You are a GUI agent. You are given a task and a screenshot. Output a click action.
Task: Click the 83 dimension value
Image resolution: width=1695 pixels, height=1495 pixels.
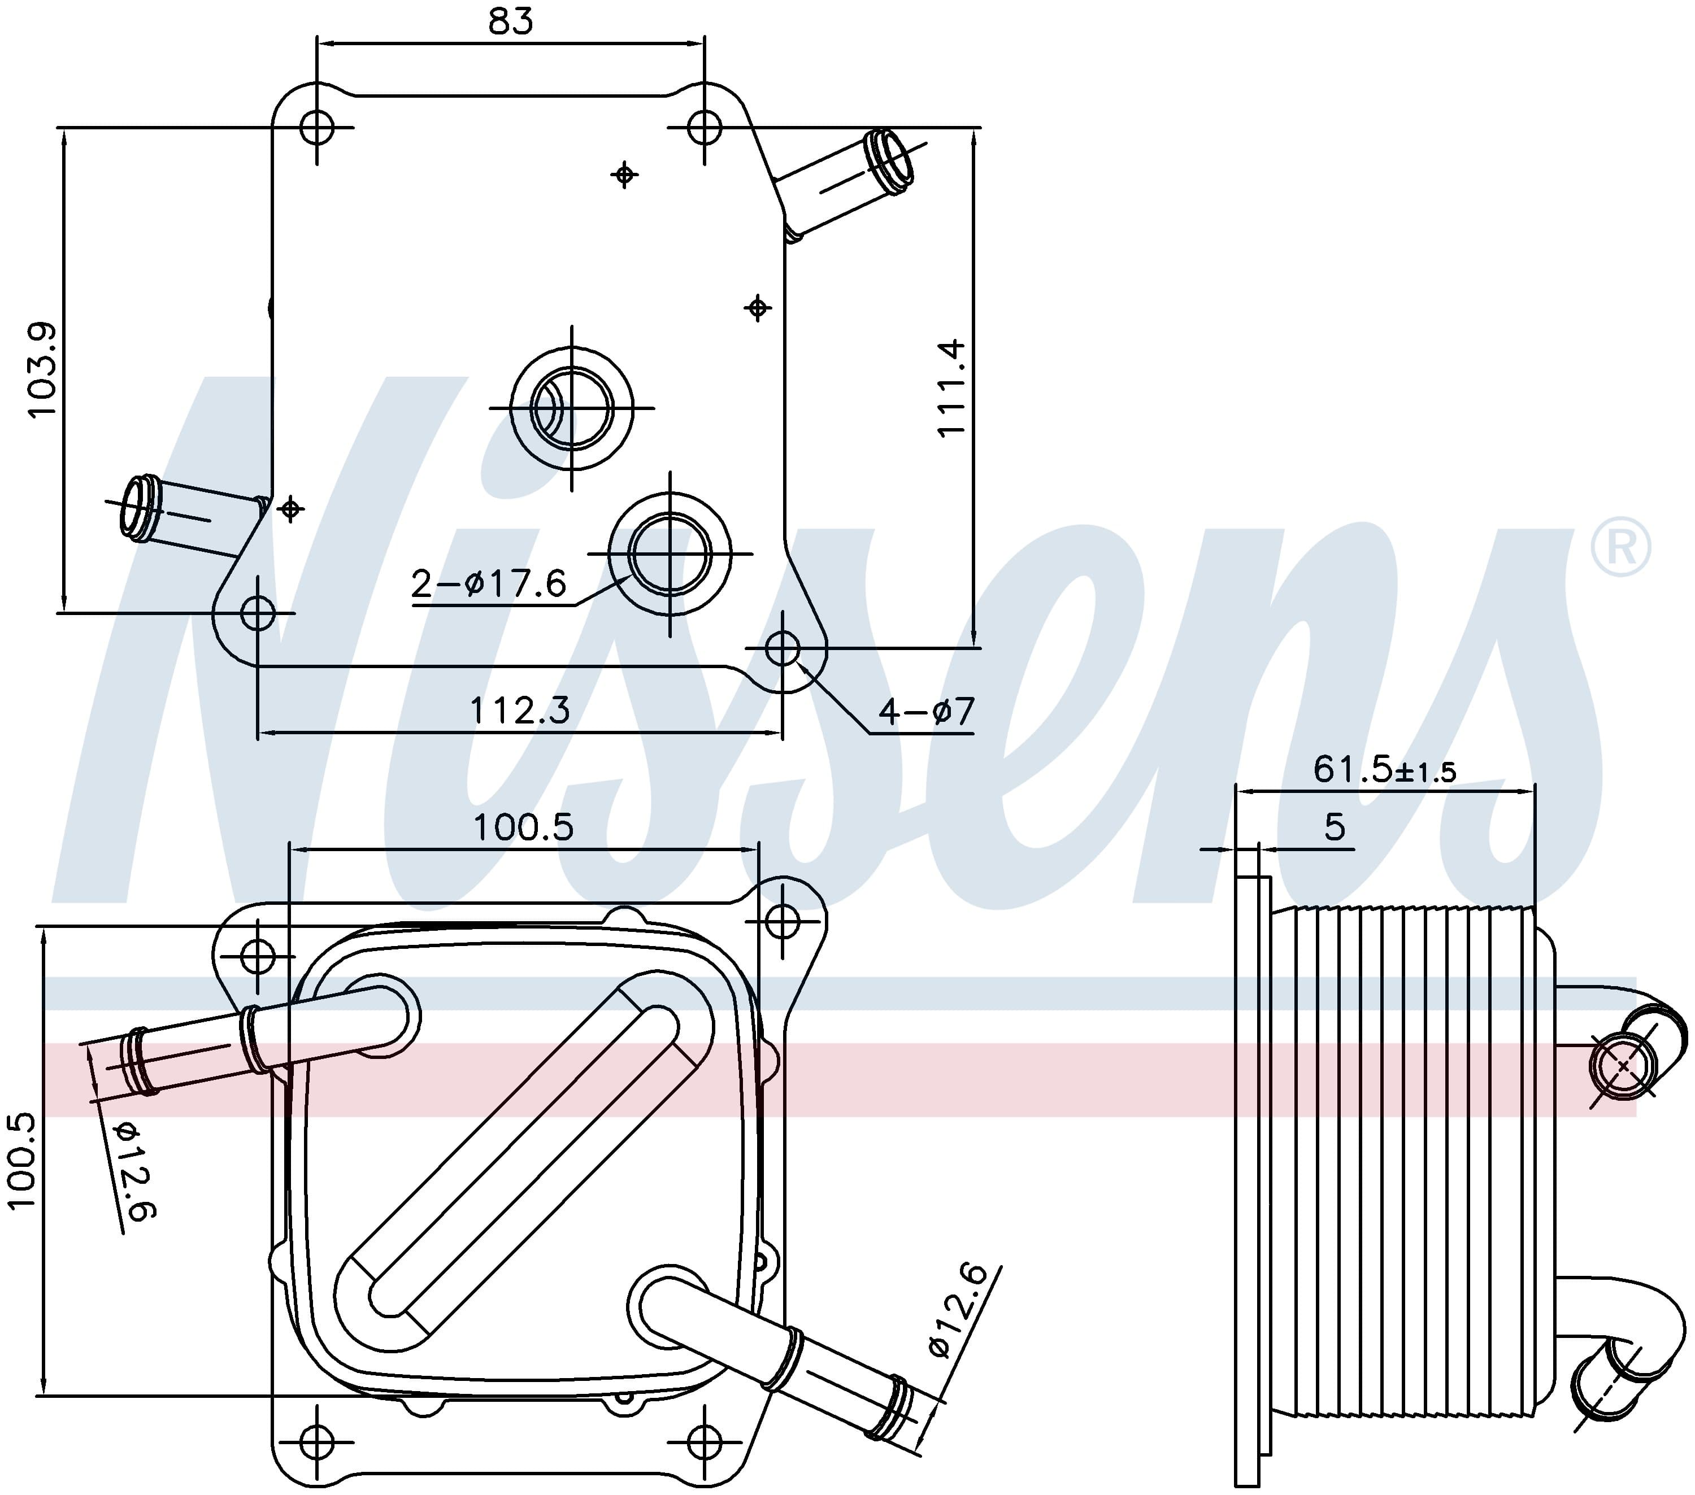(x=510, y=21)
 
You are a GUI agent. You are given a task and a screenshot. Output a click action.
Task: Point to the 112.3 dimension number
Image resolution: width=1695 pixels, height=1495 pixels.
(x=520, y=711)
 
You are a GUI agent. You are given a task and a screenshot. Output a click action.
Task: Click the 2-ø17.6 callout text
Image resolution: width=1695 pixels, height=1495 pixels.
(x=488, y=584)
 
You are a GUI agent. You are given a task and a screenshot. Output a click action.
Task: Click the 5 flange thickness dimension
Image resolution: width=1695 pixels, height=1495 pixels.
(x=1335, y=827)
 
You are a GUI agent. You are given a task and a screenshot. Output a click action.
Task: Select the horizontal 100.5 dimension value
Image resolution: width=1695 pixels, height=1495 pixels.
(x=523, y=827)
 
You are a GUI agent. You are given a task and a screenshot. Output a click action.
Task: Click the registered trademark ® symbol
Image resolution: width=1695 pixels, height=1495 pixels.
(x=1620, y=546)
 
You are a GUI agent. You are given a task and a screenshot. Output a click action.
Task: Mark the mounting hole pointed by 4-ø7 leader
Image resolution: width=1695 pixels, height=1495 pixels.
(x=782, y=648)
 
